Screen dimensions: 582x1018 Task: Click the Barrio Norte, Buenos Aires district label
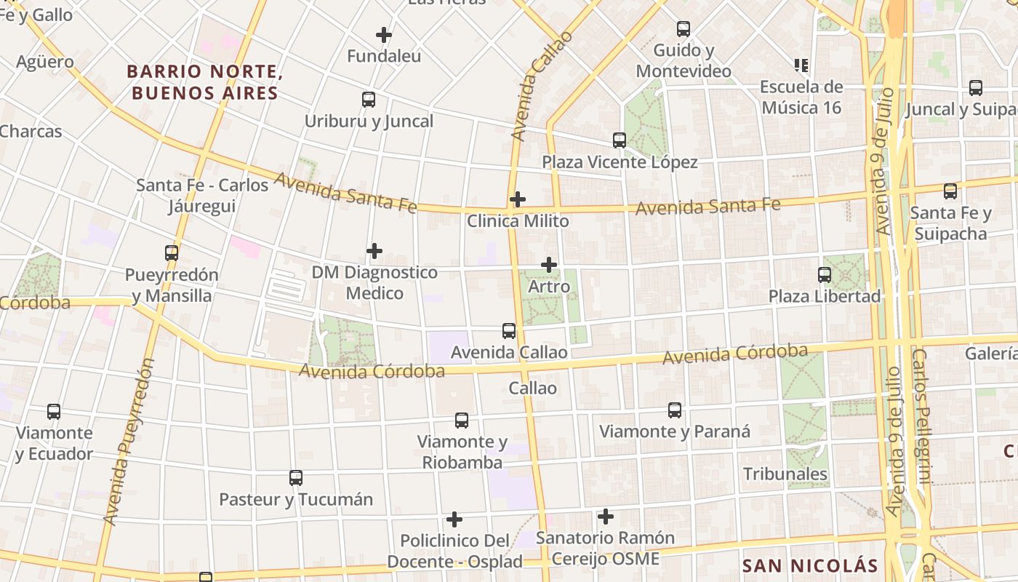click(204, 82)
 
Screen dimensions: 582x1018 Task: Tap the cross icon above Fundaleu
click(383, 34)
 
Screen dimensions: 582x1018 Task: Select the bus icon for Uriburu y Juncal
click(369, 100)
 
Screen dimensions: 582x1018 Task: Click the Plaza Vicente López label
click(620, 162)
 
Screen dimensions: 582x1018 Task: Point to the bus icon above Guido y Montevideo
click(684, 29)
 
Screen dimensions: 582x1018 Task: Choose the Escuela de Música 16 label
click(801, 97)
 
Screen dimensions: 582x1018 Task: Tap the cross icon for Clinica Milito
click(518, 199)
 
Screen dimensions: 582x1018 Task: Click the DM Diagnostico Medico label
click(374, 282)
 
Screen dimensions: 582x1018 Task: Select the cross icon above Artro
click(549, 265)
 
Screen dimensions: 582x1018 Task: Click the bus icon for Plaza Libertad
click(825, 275)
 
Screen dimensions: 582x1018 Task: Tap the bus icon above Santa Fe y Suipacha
click(950, 191)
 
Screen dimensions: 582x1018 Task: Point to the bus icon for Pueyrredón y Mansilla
click(172, 253)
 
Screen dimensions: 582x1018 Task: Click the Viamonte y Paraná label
click(674, 431)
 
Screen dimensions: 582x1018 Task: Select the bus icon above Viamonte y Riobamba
click(462, 420)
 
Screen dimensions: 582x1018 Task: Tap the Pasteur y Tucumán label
click(296, 500)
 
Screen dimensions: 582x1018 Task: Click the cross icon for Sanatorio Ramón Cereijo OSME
click(605, 517)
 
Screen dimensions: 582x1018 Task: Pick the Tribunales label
click(785, 474)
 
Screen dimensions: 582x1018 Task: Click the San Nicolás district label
click(810, 565)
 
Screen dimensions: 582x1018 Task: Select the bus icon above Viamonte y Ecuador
click(54, 412)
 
